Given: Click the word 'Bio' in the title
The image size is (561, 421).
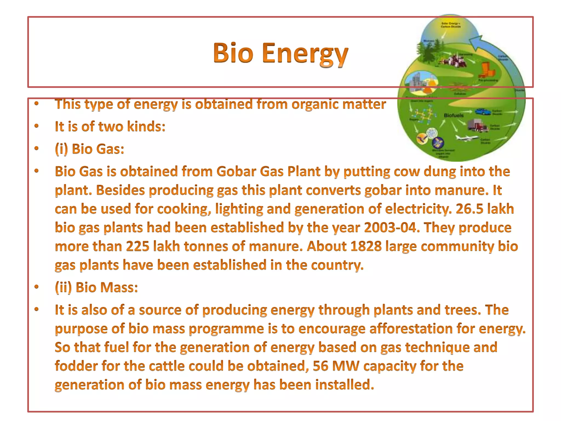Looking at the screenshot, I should point(233,53).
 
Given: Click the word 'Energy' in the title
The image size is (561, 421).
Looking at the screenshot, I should point(305,54).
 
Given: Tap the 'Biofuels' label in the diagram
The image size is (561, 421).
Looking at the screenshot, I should point(454,115).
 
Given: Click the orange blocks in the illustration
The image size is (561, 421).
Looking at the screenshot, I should point(486,70).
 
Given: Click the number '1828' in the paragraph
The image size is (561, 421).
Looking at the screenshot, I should point(366,246).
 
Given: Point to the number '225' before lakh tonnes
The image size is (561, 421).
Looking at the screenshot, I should point(138,246).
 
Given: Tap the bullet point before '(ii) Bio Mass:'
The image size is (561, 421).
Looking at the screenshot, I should point(37,287).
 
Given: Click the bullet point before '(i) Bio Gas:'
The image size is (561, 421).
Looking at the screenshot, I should point(37,149).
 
